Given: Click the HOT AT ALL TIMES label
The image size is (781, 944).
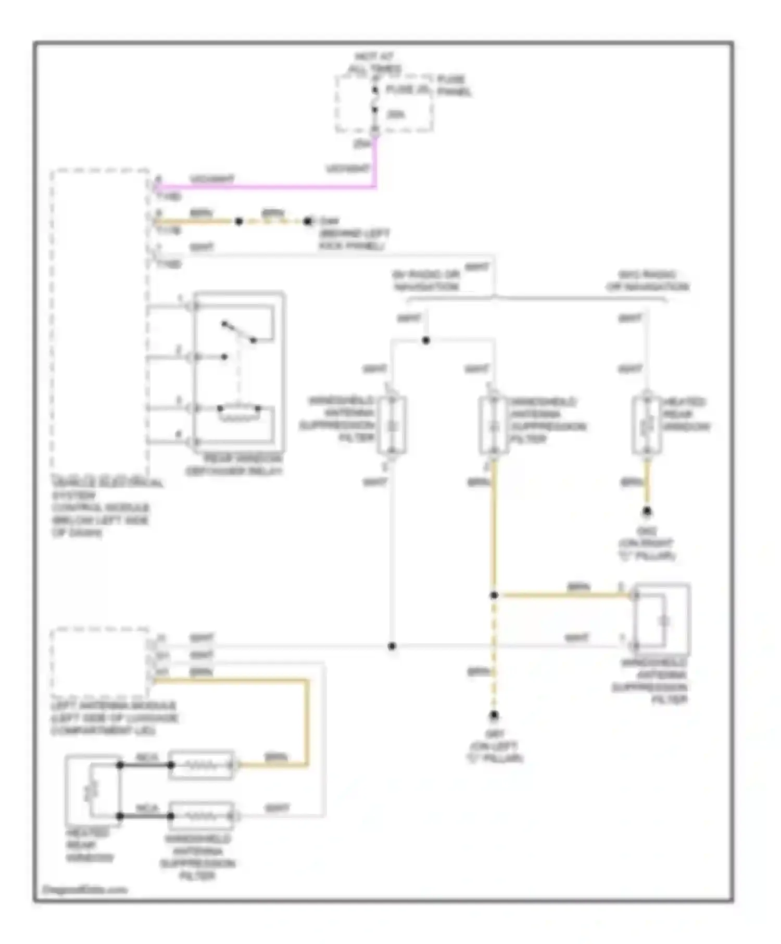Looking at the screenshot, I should coord(374,63).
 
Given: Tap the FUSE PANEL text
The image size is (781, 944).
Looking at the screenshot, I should coord(454,85).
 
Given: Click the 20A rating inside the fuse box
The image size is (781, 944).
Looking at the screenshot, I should coord(396,114).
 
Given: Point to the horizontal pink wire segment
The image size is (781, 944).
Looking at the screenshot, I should coord(266,186).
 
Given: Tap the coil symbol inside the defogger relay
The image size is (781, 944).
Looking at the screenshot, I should coord(239,411).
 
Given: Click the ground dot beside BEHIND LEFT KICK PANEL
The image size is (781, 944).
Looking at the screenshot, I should coord(308,221).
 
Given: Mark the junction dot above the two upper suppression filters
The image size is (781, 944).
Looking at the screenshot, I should coord(426,340).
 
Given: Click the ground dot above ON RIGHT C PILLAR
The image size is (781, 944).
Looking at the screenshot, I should coord(647,512).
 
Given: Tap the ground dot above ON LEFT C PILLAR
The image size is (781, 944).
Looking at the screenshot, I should coord(494,716).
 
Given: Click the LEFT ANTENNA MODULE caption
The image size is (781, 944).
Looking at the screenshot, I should coord(115,718).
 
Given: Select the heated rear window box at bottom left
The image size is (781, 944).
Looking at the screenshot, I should coord(93,790).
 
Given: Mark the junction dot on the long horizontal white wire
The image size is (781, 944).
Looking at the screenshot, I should coord(392,646).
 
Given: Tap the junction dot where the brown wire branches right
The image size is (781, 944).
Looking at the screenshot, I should coord(494,595).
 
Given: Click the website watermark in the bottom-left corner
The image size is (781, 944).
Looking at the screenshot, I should coord(84,890).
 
